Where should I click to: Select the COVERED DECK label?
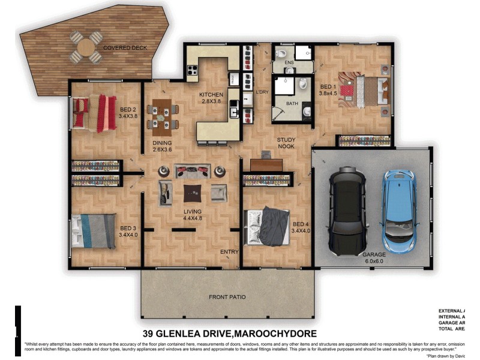pyautogui.click(x=125, y=48)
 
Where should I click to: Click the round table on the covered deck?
pyautogui.click(x=86, y=47)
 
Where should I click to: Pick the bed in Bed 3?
pyautogui.click(x=94, y=231)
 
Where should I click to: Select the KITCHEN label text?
pyautogui.click(x=211, y=95)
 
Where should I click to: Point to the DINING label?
pyautogui.click(x=162, y=143)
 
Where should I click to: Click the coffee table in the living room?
pyautogui.click(x=192, y=192)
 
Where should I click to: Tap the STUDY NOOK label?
pyautogui.click(x=286, y=143)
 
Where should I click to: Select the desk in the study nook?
pyautogui.click(x=266, y=164)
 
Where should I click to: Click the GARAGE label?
pyautogui.click(x=374, y=254)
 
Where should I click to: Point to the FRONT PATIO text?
pyautogui.click(x=227, y=297)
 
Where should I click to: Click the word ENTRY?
pyautogui.click(x=229, y=251)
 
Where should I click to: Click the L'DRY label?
pyautogui.click(x=262, y=92)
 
